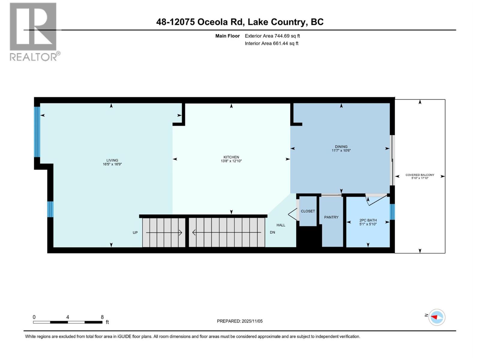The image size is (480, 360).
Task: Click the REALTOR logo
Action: pos(33,31)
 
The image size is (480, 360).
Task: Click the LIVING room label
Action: pos(112,160)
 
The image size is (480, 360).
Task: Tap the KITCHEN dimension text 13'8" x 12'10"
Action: pos(231,161)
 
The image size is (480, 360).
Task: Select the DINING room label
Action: pos(341,147)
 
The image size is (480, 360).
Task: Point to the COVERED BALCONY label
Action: pos(420,175)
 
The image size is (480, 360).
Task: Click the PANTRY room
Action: pos(331,217)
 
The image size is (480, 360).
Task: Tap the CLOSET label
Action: pos(308,211)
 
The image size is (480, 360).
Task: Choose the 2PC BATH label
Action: pos(368,220)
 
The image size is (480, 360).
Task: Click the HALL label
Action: pos(281,225)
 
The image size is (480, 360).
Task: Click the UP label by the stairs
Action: pos(135,232)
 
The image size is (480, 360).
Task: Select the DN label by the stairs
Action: pos(272,232)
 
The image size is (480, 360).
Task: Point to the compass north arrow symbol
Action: pos(436,317)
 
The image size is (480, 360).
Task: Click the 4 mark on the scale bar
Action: pos(68,317)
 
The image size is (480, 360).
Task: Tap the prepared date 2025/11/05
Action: pos(252,321)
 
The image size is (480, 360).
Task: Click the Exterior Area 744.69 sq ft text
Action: pos(272,36)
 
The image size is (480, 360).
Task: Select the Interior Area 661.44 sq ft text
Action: pos(271,43)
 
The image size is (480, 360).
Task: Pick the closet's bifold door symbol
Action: pos(293,214)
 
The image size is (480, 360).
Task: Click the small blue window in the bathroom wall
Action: pos(392,211)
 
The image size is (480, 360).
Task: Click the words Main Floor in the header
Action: pos(227,36)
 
